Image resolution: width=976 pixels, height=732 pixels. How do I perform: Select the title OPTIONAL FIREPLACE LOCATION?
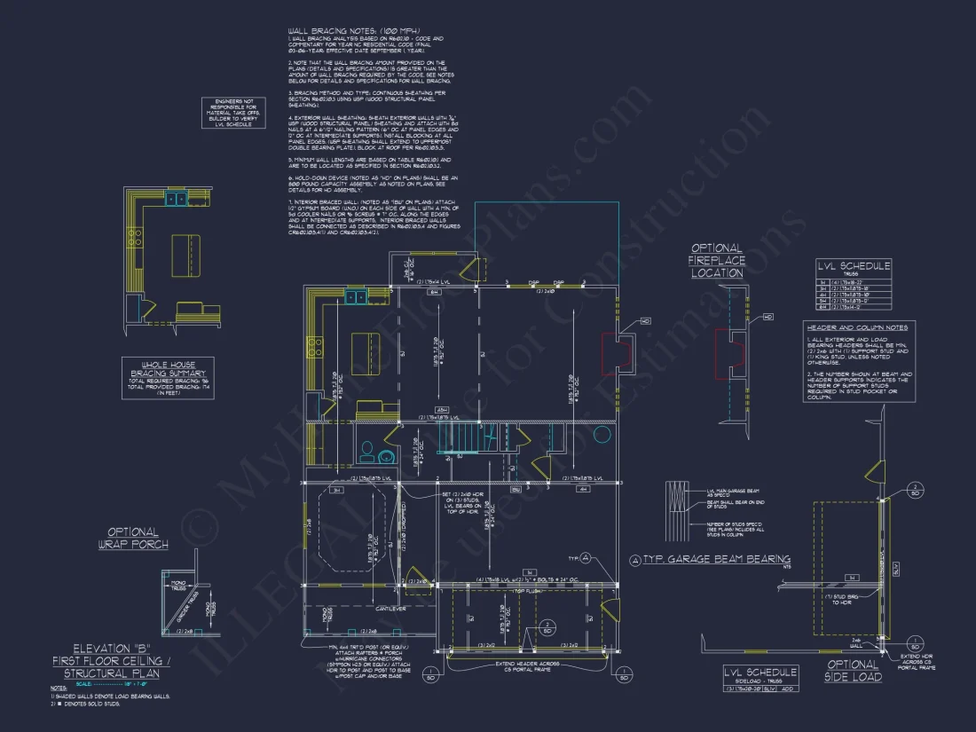tap(717, 261)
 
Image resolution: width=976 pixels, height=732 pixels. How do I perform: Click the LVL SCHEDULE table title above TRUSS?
tap(854, 266)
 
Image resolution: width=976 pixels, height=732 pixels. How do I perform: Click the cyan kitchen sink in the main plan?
tap(354, 297)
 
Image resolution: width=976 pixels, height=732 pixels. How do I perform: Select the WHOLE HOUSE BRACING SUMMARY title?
tap(168, 368)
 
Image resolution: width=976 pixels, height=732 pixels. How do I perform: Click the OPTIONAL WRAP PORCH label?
tap(133, 538)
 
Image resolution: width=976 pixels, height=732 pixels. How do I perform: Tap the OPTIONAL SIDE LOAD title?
tap(853, 670)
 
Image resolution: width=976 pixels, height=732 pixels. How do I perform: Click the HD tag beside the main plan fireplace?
tap(645, 321)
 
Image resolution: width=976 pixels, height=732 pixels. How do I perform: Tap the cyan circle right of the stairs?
tap(603, 434)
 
